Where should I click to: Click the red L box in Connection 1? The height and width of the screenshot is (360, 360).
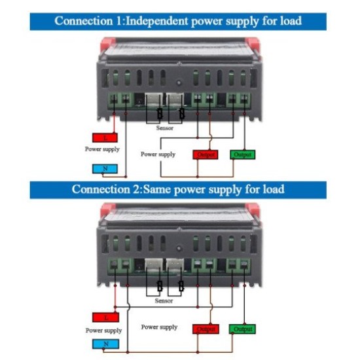(106, 137)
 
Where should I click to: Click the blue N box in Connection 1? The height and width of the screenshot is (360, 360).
(106, 169)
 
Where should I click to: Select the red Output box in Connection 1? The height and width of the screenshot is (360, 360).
(206, 155)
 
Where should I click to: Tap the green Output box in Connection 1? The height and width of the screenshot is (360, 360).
(242, 155)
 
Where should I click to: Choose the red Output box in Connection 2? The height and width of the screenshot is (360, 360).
(206, 329)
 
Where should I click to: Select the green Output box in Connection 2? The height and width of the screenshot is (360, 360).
(242, 329)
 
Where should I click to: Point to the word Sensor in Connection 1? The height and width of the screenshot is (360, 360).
(165, 129)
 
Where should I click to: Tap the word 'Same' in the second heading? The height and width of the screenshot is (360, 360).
(160, 190)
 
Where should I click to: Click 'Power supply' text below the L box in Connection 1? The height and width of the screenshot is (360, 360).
(102, 149)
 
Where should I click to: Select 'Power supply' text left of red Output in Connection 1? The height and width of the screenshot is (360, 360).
(159, 154)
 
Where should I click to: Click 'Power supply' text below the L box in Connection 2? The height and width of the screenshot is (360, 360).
(103, 331)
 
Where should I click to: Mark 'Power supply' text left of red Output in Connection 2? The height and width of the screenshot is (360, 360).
(159, 327)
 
